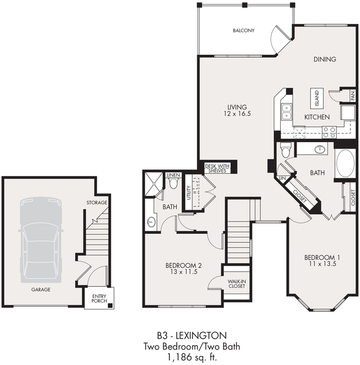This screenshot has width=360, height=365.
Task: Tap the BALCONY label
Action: tap(244, 30)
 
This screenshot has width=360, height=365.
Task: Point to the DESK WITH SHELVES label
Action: tap(217, 167)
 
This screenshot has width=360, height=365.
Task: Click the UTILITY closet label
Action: tap(188, 197)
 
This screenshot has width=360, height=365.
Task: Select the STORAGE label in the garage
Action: tap(96, 203)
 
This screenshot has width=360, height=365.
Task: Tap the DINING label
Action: tap(325, 59)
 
